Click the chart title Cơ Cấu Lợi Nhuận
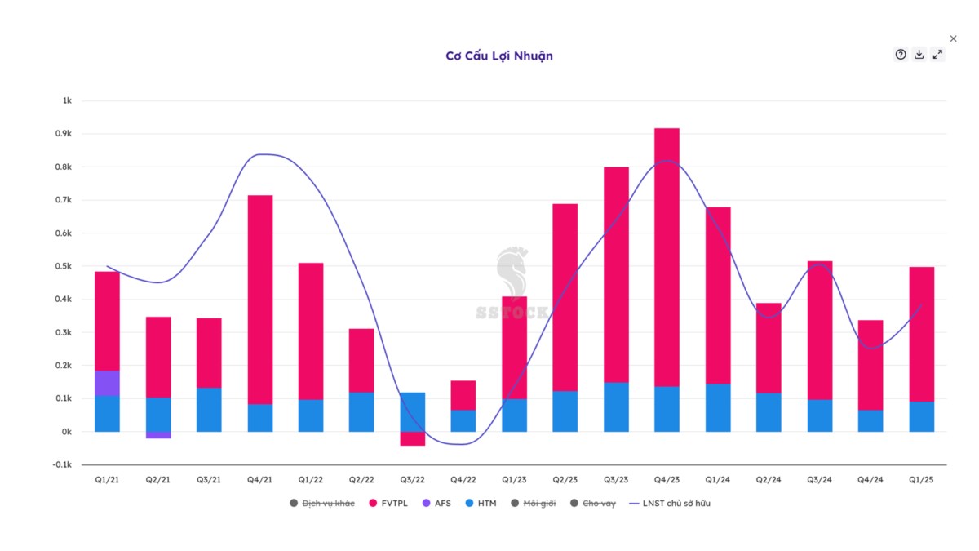pyautogui.click(x=499, y=56)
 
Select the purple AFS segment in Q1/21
pyautogui.click(x=107, y=383)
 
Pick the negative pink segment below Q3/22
pyautogui.click(x=412, y=438)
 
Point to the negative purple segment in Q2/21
pyautogui.click(x=158, y=435)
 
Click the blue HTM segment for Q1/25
pyautogui.click(x=922, y=416)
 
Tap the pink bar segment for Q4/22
pyautogui.click(x=463, y=395)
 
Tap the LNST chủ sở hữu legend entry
pyautogui.click(x=670, y=504)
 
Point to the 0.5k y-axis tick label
pyautogui.click(x=64, y=266)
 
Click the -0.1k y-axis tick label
pyautogui.click(x=61, y=464)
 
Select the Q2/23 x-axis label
pyautogui.click(x=565, y=480)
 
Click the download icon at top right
pyautogui.click(x=919, y=55)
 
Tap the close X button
pyautogui.click(x=954, y=38)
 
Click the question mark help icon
pyautogui.click(x=901, y=55)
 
